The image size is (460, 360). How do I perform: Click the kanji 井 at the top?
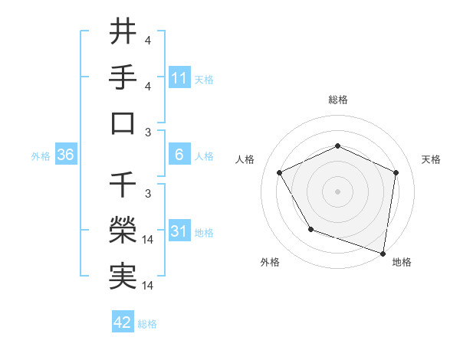click(123, 33)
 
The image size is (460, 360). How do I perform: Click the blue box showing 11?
click(179, 78)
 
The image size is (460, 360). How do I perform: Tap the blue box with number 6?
click(179, 155)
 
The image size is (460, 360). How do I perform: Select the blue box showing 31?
click(179, 231)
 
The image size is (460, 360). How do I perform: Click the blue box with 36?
click(66, 155)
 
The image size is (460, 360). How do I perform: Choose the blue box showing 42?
click(123, 322)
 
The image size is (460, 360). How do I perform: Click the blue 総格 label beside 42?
click(147, 324)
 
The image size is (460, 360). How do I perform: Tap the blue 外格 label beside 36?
click(41, 155)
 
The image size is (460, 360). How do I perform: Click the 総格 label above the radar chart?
click(337, 100)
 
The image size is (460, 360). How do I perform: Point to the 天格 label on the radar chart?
click(431, 159)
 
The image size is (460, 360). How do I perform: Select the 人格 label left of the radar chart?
click(245, 159)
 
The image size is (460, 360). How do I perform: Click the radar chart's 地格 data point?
click(383, 253)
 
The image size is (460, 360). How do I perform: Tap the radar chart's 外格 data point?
click(310, 229)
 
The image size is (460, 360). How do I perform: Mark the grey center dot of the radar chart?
click(337, 191)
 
